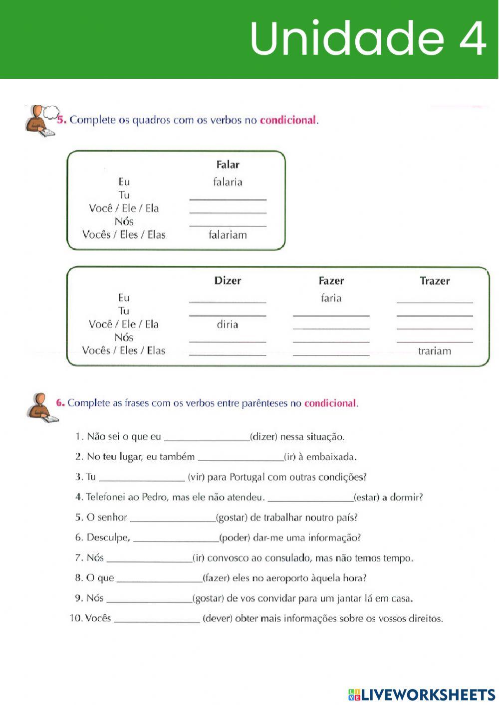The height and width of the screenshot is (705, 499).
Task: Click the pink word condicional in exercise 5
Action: click(288, 120)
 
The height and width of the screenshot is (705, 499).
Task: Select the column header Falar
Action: click(228, 165)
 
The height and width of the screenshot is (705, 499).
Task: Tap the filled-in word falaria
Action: click(228, 182)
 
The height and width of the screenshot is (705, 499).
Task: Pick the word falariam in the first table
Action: click(228, 235)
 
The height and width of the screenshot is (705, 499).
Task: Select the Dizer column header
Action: click(228, 281)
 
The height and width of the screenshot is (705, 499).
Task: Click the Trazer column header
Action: click(435, 281)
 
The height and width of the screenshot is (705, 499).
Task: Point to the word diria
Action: click(228, 325)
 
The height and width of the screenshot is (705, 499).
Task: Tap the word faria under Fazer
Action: click(331, 298)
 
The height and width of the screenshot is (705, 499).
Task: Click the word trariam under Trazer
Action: click(435, 351)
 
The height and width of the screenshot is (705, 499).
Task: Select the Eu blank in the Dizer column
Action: click(228, 299)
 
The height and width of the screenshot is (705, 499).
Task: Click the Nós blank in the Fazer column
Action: click(331, 339)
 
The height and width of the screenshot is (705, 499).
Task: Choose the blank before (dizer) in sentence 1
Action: click(207, 438)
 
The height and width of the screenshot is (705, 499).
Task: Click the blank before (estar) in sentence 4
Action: click(310, 498)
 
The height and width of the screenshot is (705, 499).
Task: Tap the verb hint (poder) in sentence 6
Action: click(235, 538)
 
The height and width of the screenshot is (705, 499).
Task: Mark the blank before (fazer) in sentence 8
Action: click(159, 579)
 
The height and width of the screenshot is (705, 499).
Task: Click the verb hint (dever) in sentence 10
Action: click(218, 619)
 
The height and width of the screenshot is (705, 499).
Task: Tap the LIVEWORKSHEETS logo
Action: click(422, 695)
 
